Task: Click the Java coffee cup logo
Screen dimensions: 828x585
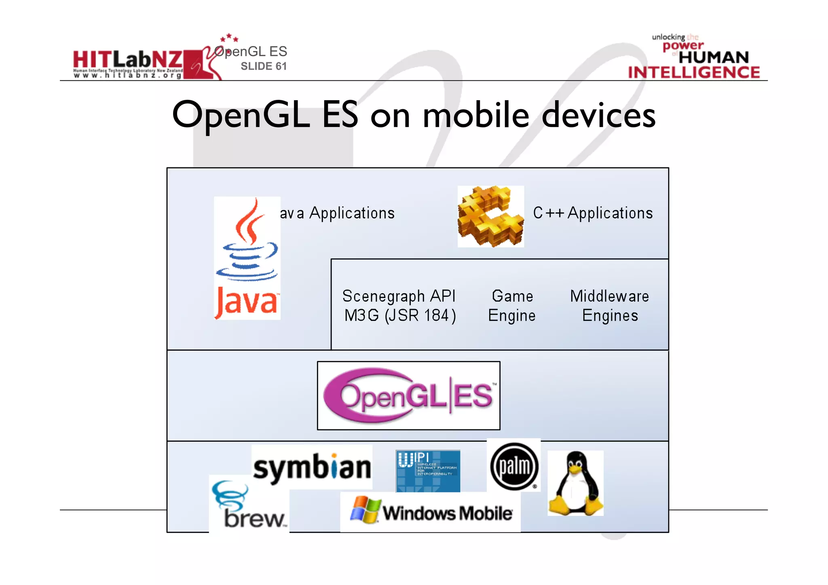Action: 247,258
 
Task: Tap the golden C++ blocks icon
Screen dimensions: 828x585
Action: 490,216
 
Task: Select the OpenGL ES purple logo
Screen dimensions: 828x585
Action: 409,395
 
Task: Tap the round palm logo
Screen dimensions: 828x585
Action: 514,466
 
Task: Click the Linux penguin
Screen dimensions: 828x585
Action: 575,484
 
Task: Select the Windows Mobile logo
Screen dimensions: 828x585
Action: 431,512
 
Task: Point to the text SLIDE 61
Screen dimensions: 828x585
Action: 264,66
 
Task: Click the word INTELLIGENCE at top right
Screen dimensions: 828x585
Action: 694,73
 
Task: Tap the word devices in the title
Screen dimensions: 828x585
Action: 598,116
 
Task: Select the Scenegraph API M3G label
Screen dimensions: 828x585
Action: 399,306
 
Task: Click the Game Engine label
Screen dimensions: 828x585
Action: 512,306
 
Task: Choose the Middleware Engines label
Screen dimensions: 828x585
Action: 610,306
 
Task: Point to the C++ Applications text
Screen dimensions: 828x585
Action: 593,213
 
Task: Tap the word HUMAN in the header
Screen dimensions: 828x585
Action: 714,57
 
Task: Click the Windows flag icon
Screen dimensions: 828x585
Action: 365,510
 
